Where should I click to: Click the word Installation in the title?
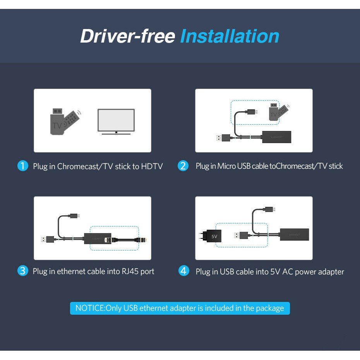[230, 36]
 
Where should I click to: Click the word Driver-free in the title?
[128, 36]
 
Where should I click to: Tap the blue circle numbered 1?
[23, 166]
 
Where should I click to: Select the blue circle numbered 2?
[183, 166]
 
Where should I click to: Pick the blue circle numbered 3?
[23, 271]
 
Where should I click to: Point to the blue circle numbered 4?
[183, 271]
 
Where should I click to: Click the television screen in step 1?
[116, 120]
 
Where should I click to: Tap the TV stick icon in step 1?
[65, 122]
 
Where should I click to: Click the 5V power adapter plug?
[210, 236]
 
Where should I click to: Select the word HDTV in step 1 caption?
[152, 166]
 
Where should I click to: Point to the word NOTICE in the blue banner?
[90, 308]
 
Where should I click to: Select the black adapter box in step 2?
[277, 137]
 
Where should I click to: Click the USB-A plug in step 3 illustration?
[48, 239]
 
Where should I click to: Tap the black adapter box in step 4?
[294, 235]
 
